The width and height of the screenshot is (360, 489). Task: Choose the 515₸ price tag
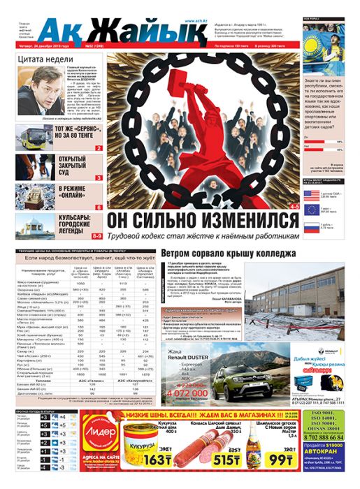coord(225,460)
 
